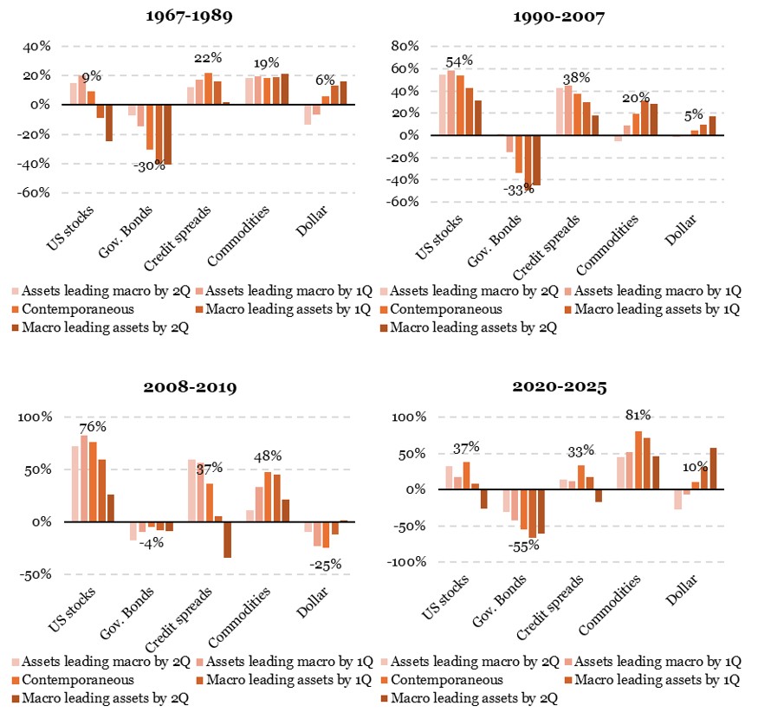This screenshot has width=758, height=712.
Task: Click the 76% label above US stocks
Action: point(92,426)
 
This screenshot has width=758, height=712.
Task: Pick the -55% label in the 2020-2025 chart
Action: point(524,546)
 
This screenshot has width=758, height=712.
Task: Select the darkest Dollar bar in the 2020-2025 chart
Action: point(713,469)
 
